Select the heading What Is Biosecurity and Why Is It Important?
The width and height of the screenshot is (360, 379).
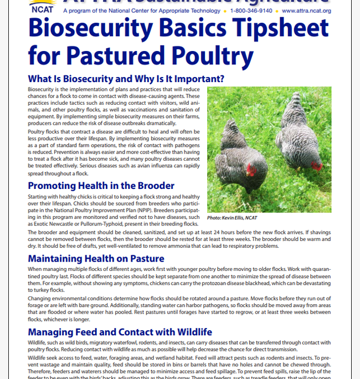click(x=126, y=79)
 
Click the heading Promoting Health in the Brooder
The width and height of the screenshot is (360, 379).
click(x=101, y=186)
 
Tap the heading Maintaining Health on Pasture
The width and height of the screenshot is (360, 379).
click(x=96, y=258)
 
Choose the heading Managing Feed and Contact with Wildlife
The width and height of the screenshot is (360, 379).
click(x=120, y=332)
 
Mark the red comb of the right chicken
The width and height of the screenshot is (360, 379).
click(x=317, y=165)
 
